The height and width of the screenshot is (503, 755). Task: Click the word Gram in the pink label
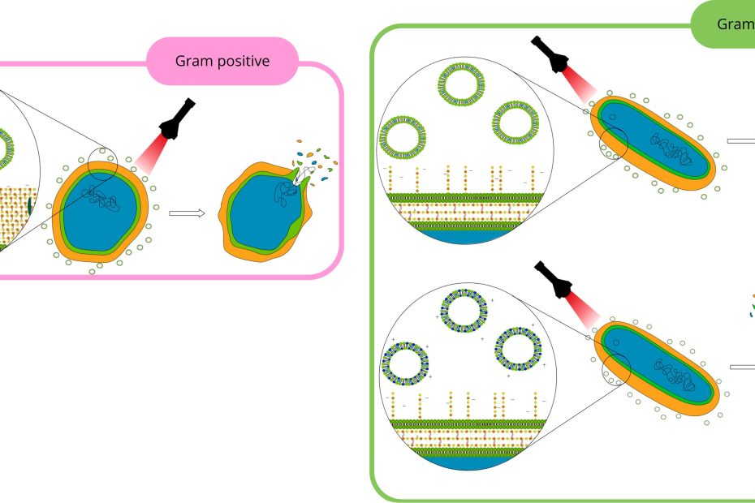[x=192, y=62]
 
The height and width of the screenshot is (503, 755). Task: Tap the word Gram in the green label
[x=736, y=24]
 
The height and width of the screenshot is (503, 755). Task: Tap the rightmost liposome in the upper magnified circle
[x=515, y=123]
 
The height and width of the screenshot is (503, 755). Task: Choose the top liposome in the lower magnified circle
[x=464, y=310]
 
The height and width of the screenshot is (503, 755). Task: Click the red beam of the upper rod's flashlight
[x=577, y=88]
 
